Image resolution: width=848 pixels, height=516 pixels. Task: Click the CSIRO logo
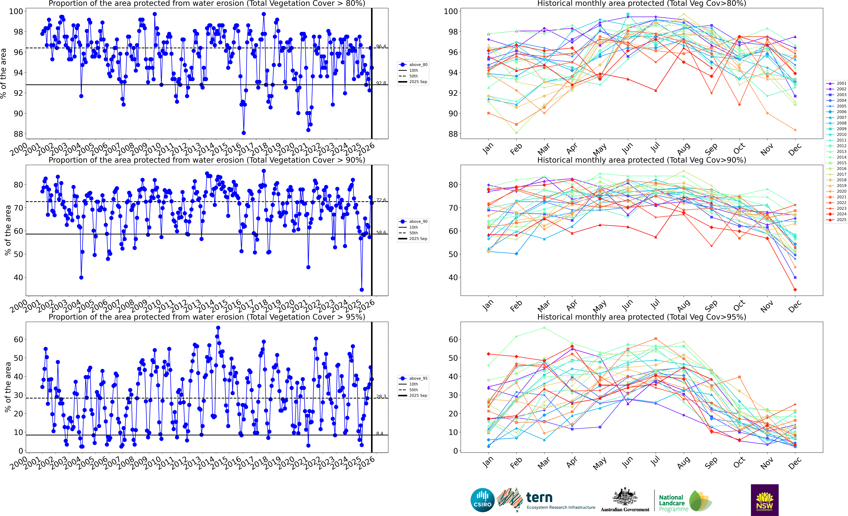pos(482,500)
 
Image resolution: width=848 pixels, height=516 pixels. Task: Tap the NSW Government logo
pos(764,500)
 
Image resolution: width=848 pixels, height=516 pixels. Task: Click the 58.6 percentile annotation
pos(381,233)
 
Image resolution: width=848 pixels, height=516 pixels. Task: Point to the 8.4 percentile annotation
pos(380,433)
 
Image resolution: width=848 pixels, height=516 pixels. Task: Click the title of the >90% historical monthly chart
pos(642,160)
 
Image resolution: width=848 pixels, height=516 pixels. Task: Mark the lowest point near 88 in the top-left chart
pos(244,133)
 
